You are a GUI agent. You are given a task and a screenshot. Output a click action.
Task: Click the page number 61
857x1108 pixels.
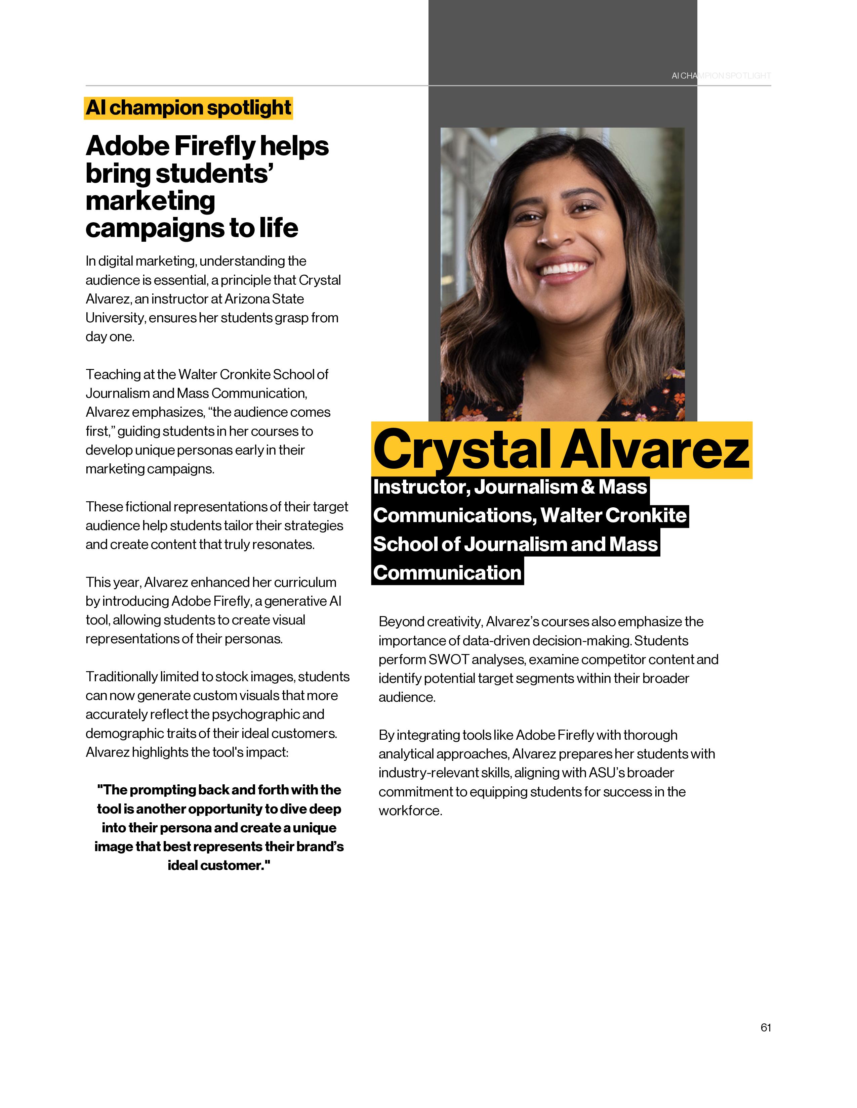pos(766,1027)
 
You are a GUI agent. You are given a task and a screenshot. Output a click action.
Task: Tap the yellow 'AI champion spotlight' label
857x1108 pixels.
pos(188,108)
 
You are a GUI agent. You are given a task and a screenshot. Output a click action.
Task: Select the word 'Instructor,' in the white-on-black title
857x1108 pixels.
pos(421,487)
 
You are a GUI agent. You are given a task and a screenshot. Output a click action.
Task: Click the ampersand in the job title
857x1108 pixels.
pos(587,487)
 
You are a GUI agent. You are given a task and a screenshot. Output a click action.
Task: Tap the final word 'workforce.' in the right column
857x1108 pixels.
pos(410,811)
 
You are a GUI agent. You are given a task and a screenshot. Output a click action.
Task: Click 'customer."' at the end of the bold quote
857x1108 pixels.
pos(235,866)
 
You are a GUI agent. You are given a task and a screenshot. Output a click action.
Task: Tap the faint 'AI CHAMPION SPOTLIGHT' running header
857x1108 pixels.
pos(721,76)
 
